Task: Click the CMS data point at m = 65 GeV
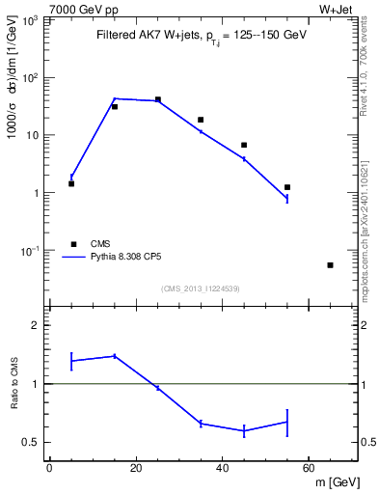point(331,265)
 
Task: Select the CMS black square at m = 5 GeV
point(71,183)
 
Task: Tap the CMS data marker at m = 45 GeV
point(244,145)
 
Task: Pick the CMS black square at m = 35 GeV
point(201,120)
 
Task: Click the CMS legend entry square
point(72,244)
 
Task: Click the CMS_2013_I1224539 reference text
point(200,288)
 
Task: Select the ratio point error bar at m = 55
point(287,422)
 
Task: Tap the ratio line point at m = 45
point(244,430)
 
